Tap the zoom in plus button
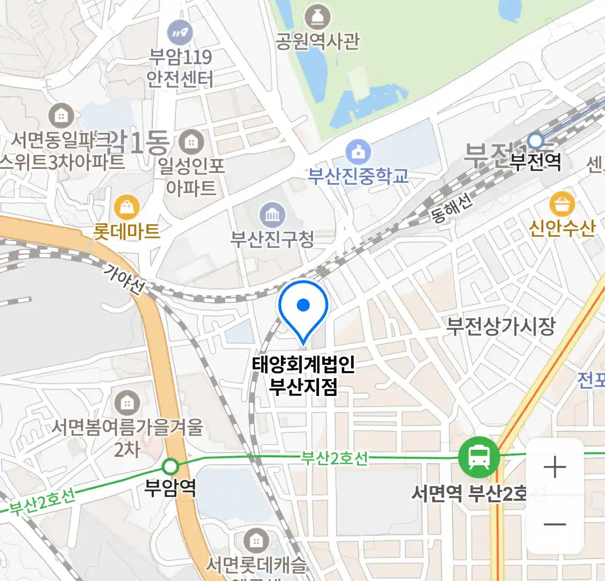coord(554,467)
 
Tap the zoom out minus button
coord(554,525)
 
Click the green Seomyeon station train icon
coord(479,458)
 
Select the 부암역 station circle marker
coord(171,466)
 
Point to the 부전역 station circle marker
coord(536,141)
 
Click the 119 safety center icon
coord(180,33)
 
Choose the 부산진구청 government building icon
coord(273,216)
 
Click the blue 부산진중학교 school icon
coord(358,152)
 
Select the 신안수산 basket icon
coord(562,204)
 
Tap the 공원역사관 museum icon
coord(317,17)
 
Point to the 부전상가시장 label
coord(501,326)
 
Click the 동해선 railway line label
coord(452,208)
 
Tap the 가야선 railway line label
coord(124,279)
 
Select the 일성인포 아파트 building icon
coord(190,143)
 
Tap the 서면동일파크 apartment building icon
coord(61,116)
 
